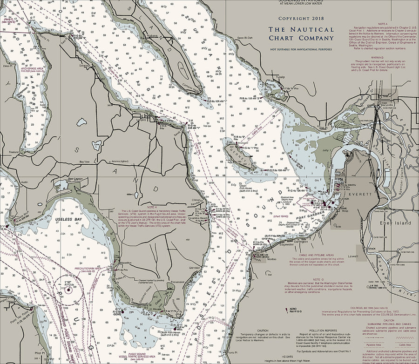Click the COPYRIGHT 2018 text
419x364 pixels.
tap(301, 18)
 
